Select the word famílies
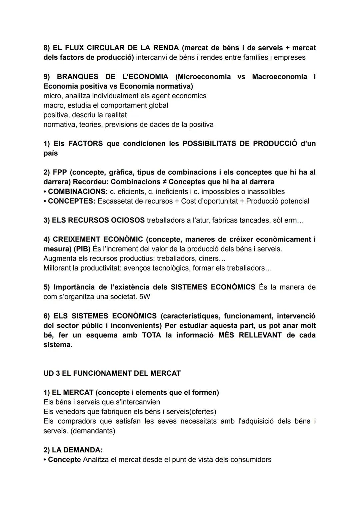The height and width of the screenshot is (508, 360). point(254,57)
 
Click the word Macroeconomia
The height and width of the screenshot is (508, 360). point(279,77)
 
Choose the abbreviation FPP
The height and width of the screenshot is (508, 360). point(60,172)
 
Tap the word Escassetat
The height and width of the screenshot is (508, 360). point(114,201)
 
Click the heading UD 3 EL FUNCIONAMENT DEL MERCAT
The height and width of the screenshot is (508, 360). point(112,373)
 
